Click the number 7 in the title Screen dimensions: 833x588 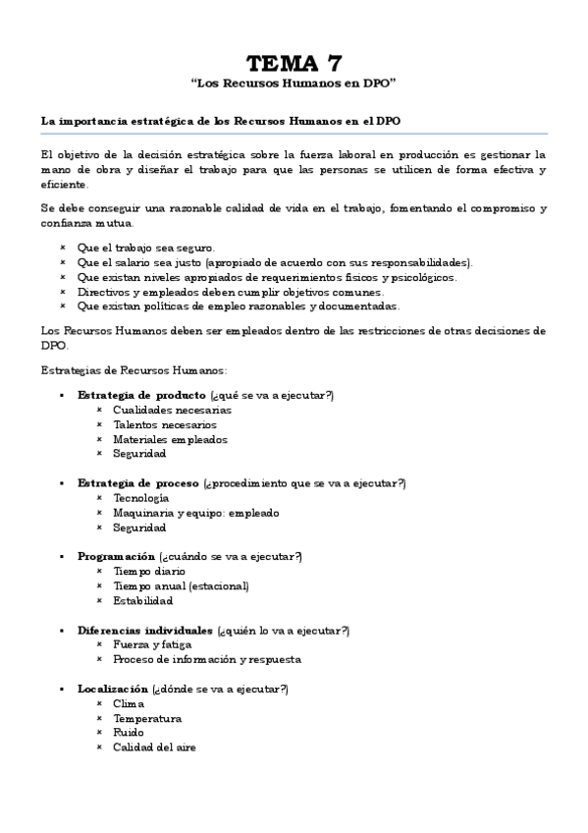tap(334, 64)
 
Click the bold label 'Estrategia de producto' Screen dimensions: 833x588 tap(134, 395)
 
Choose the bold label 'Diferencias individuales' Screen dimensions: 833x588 tap(144, 630)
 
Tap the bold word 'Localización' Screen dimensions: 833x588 tap(113, 689)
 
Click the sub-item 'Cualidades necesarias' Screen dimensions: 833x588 tap(172, 410)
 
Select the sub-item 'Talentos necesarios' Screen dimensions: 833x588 tap(165, 424)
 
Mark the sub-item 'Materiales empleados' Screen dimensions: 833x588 tap(170, 439)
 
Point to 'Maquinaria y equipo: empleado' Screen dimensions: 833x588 tap(195, 513)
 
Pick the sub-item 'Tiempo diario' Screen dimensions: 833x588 tap(149, 571)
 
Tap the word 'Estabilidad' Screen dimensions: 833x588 tap(143, 600)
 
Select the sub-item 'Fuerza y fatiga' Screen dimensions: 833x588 tap(152, 644)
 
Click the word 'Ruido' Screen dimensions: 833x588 tap(129, 733)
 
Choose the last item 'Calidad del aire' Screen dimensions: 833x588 tap(154, 748)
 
